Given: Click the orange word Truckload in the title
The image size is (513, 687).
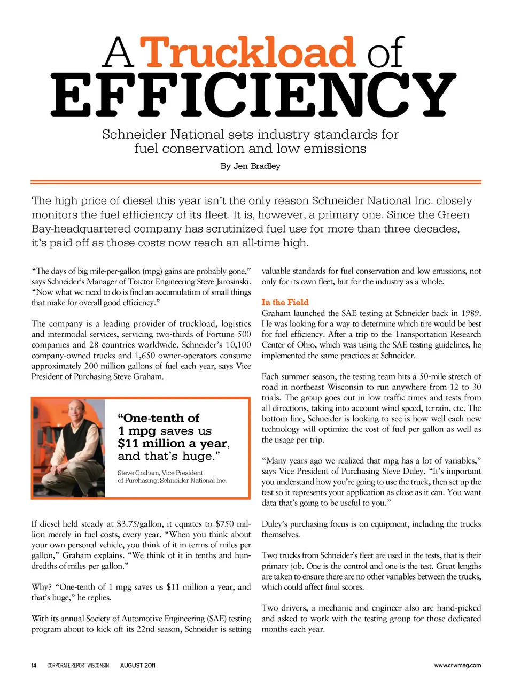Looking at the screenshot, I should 250,52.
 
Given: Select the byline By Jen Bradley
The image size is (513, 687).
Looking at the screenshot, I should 250,166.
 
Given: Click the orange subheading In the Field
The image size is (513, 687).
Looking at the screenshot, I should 285,302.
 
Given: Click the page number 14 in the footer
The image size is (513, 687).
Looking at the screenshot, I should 34,666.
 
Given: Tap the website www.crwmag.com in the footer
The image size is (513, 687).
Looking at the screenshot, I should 457,666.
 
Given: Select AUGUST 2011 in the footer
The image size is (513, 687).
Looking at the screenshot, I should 138,666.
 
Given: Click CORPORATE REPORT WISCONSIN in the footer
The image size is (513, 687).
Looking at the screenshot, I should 78,666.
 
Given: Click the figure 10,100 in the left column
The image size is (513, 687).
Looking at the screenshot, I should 237,345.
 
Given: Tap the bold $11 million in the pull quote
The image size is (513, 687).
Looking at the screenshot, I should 151,443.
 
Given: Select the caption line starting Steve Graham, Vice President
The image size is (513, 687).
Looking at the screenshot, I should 160,473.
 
